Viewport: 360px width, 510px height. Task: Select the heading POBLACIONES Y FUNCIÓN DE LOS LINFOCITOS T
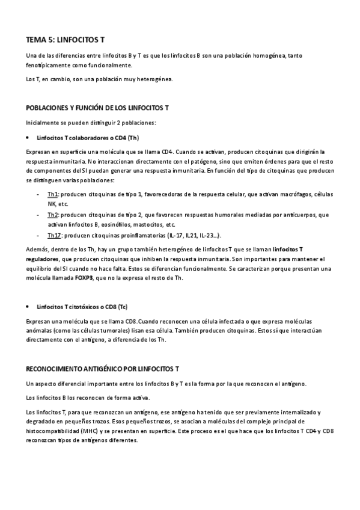point(97,108)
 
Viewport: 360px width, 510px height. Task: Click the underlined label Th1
point(53,195)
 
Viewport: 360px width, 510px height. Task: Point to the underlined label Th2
point(53,215)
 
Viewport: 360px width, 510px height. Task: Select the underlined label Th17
point(55,235)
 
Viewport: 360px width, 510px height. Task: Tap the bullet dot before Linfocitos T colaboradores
point(29,137)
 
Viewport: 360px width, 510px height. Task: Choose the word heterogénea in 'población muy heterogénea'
point(153,79)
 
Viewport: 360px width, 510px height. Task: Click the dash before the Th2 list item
point(38,215)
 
